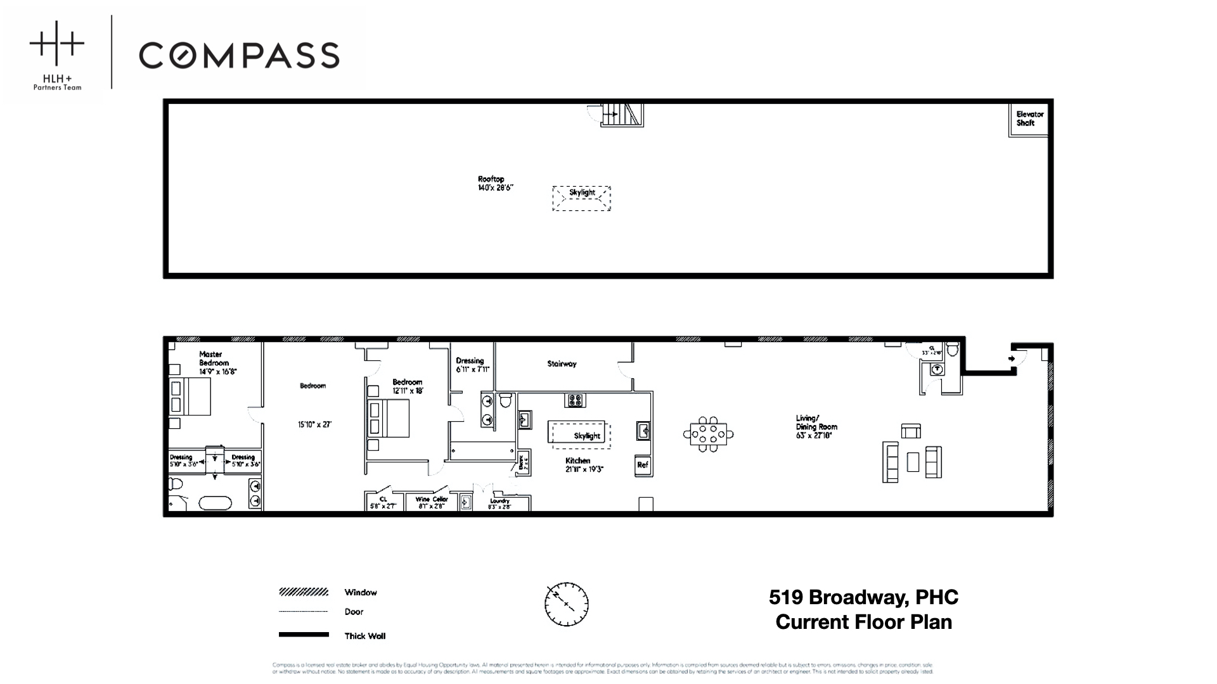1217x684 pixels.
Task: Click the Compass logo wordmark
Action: tap(239, 55)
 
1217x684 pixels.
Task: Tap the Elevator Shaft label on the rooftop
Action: tap(1029, 118)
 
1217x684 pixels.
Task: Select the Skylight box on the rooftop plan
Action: tap(581, 198)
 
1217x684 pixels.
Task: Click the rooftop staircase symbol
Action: tap(622, 115)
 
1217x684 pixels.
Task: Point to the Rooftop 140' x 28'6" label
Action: tap(495, 184)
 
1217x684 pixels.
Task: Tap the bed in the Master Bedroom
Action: tap(190, 396)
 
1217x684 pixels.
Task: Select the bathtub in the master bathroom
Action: tap(216, 503)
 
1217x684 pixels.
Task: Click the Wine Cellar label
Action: tap(432, 502)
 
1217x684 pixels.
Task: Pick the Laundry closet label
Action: tap(499, 503)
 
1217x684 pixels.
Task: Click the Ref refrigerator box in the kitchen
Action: tap(643, 465)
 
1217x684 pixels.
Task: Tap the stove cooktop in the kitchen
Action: tap(575, 400)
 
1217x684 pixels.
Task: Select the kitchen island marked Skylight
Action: tap(577, 433)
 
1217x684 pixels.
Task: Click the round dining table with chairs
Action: tap(708, 434)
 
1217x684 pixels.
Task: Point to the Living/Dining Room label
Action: tap(816, 426)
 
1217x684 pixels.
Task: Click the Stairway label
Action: tap(562, 364)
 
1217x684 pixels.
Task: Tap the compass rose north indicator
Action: tap(566, 604)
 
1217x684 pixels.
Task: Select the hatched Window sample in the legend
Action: tap(304, 592)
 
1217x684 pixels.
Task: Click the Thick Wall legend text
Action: tap(364, 636)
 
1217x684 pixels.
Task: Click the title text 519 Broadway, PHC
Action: tap(863, 597)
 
